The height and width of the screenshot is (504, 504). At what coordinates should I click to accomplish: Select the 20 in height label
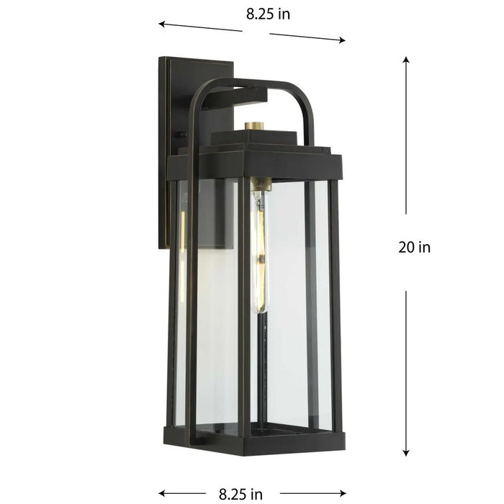414,247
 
